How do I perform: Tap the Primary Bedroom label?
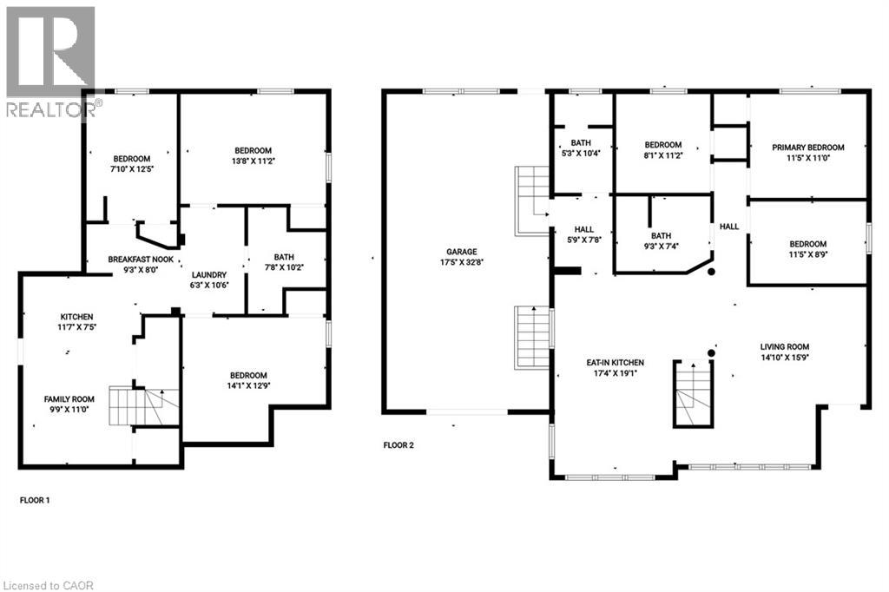click(x=808, y=148)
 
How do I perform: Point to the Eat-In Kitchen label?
click(x=613, y=362)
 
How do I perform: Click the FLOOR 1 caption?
click(x=35, y=501)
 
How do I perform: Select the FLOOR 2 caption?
click(x=398, y=445)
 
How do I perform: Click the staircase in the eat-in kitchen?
click(x=692, y=394)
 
